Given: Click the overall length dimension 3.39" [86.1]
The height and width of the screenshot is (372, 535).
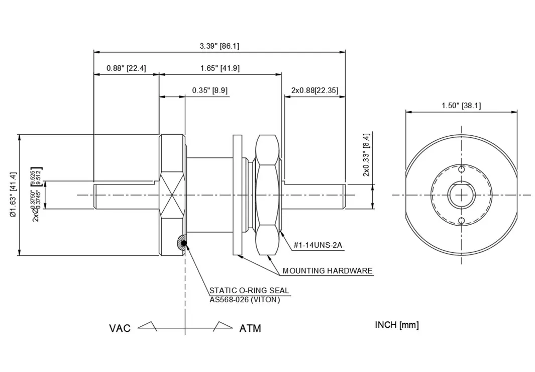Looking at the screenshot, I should coord(219,46).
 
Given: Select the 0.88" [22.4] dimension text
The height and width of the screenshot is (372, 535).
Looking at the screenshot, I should coord(126,68).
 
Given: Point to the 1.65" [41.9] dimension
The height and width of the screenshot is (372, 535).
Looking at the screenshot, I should coord(219,68).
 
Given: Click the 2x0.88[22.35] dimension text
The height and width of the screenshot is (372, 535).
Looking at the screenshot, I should coord(314,90).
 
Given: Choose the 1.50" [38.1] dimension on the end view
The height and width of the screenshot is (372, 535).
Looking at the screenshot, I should coord(461,106).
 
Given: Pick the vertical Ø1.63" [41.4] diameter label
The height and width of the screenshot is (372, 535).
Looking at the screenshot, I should coord(13,195).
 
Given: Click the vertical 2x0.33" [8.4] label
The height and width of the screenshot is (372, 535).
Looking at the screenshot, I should coord(366,154).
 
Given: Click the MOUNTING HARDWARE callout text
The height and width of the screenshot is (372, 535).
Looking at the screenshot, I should coord(328,271).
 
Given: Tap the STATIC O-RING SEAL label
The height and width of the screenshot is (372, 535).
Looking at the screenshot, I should coord(249,290).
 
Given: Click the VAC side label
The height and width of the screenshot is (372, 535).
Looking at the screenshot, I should coord(120,329).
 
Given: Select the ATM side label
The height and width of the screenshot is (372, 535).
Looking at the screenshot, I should coord(250,329).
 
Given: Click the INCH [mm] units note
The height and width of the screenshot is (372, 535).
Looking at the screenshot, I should coord(396,325).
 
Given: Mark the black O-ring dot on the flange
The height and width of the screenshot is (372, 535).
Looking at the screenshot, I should coord(184,244).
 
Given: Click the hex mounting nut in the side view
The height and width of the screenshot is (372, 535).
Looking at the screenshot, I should coord(267,195).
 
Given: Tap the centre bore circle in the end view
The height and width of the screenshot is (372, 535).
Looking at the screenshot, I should coord(461,195).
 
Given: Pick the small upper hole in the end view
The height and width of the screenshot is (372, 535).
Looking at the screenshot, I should coord(461,169).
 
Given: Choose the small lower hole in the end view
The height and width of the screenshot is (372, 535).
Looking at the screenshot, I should coord(461,220).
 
